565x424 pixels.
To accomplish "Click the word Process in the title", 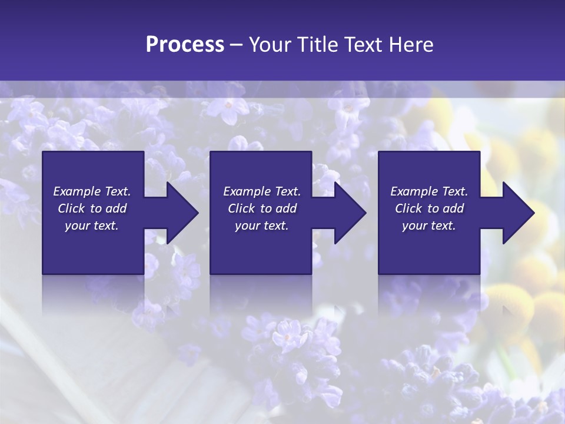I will pos(185,45).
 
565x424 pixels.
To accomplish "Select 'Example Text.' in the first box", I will pos(92,191).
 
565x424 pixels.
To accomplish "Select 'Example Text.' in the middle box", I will pos(262,191).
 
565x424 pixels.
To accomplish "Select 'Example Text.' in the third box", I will pos(429,191).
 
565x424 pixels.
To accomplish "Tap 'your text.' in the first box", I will pos(92,226).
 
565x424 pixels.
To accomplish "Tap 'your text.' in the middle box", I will pos(262,226).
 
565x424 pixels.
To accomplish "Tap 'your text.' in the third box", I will pos(429,226).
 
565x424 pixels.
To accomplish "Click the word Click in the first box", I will pos(71,208).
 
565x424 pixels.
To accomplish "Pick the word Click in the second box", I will pos(241,208).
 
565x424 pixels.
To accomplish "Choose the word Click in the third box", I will pos(408,208).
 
